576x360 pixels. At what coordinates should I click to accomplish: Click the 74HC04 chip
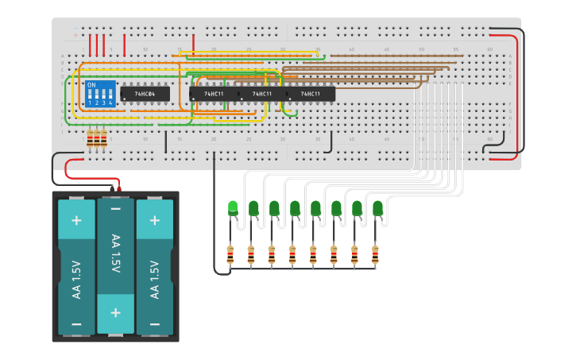[145, 94]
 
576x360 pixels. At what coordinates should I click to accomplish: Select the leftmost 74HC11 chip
[213, 94]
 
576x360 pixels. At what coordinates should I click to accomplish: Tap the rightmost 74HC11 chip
[311, 94]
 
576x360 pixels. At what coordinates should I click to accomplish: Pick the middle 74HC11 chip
[262, 94]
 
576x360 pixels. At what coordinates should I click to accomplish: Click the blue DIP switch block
[100, 94]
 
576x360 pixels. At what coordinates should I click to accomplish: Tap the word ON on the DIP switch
[91, 84]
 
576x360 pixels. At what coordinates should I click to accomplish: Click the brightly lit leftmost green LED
[233, 208]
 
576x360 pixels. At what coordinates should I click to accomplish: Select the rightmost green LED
[377, 209]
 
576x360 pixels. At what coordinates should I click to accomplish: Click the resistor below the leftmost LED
[230, 255]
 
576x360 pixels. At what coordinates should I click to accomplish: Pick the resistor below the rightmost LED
[375, 255]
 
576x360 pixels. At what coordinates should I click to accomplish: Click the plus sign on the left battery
[76, 220]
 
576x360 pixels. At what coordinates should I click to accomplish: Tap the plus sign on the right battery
[155, 220]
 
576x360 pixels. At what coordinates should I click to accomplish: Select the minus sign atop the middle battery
[115, 209]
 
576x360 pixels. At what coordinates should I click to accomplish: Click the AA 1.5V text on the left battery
[76, 279]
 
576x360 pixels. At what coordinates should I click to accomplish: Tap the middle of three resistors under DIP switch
[97, 139]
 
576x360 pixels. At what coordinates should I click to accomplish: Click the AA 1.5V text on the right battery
[155, 279]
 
